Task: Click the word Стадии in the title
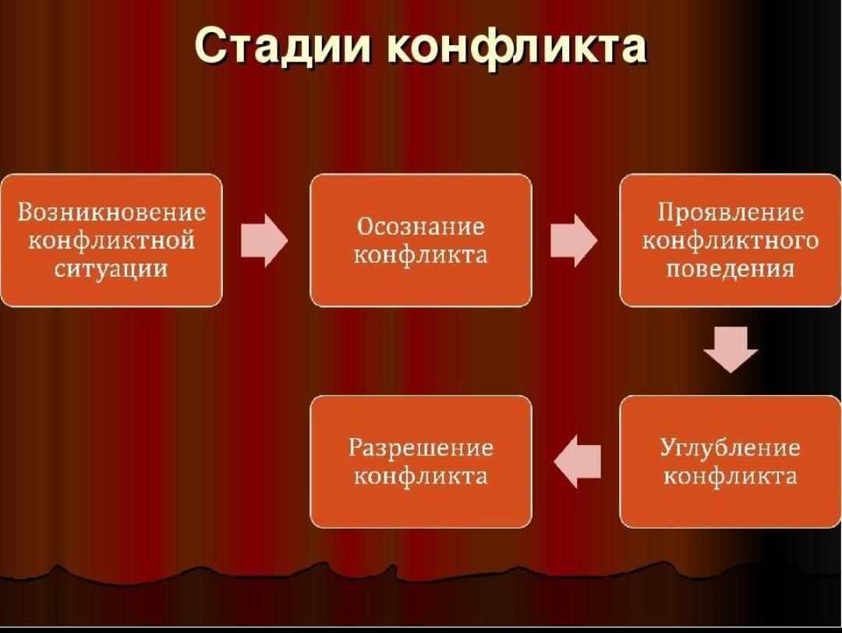(282, 46)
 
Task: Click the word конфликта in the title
(516, 48)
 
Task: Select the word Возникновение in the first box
(111, 212)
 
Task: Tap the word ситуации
(111, 269)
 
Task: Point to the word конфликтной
(111, 241)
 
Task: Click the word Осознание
(420, 226)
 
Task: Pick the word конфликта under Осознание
(420, 254)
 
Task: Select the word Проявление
(731, 213)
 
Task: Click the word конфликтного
(731, 241)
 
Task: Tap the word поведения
(731, 269)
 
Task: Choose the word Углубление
(731, 447)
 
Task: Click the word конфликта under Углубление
(731, 476)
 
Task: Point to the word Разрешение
(420, 447)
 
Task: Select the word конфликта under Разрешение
(420, 476)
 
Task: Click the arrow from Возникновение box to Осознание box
(264, 241)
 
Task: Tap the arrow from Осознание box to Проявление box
(574, 241)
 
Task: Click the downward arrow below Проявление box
(731, 349)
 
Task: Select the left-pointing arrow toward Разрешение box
(577, 461)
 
